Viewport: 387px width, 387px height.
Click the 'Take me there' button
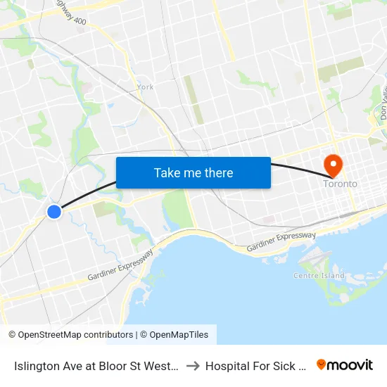(193, 172)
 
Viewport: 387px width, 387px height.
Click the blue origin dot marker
(53, 211)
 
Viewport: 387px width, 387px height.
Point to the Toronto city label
(340, 184)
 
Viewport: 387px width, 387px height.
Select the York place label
(146, 87)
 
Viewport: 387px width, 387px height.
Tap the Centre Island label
(319, 275)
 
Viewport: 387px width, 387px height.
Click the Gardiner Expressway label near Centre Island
(281, 243)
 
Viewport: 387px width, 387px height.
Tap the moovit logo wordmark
(350, 364)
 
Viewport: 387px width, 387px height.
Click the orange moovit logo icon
(322, 364)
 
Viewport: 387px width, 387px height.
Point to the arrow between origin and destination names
(193, 365)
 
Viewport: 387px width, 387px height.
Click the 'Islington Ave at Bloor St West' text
(97, 365)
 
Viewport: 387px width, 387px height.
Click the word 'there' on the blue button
(217, 172)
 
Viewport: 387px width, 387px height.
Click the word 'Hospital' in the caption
(226, 365)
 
